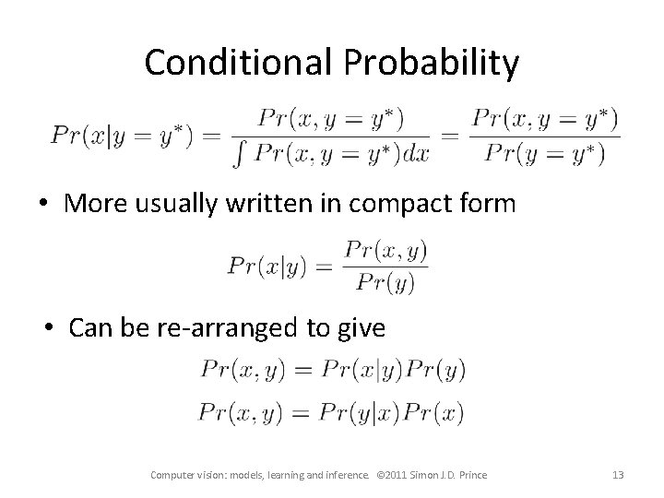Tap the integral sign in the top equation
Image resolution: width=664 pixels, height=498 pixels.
click(x=242, y=154)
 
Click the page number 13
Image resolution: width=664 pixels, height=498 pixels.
click(x=618, y=475)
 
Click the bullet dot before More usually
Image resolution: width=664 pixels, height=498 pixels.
click(x=45, y=204)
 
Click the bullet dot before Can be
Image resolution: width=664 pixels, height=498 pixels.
click(x=51, y=327)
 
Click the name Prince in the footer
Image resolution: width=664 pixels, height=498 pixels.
click(x=469, y=475)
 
